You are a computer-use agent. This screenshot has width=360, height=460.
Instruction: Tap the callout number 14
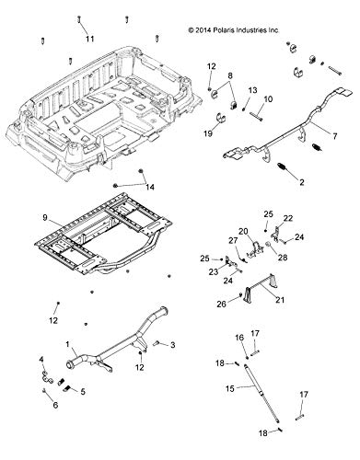point(150,188)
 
